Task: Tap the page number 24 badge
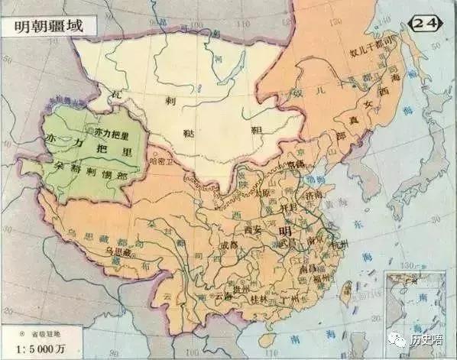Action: coord(426,23)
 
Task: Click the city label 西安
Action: coord(253,227)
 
